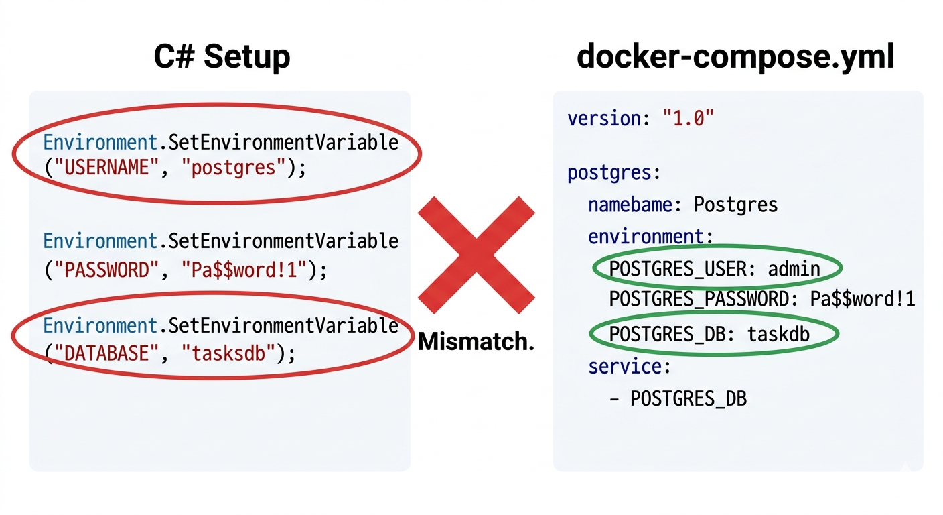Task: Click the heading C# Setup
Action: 222,57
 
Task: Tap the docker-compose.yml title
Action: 735,57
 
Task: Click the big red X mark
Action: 476,255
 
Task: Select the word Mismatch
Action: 476,341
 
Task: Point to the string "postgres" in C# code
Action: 234,168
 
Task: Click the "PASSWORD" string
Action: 107,270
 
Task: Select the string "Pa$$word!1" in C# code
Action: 244,270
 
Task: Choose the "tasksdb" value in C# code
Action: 228,353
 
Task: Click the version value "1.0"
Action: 688,118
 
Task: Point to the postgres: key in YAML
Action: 613,173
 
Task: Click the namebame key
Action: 631,205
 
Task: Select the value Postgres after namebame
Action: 735,205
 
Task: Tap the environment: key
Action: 650,237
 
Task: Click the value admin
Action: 794,269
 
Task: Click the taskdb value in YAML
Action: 778,334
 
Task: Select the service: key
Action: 630,367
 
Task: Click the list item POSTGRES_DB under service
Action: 688,399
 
